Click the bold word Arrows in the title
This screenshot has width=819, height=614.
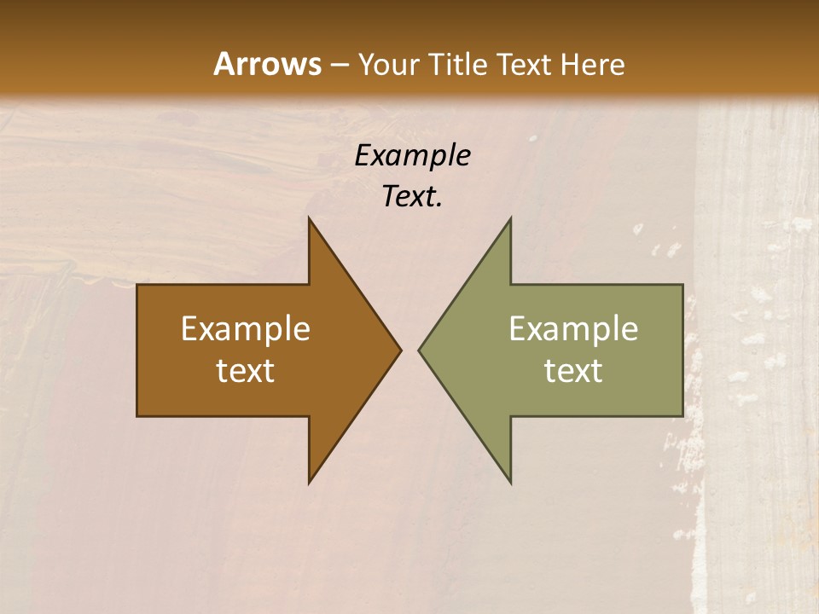266,64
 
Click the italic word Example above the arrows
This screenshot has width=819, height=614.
412,156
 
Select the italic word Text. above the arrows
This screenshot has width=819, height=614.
412,197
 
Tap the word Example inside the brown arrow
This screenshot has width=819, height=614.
246,329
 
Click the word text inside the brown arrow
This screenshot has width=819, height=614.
246,371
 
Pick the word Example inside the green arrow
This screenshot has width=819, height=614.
573,329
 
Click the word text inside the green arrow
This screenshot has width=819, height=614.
573,371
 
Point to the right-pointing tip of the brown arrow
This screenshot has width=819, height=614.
399,350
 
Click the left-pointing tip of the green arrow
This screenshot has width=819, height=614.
421,350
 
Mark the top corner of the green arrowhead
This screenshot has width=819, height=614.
509,220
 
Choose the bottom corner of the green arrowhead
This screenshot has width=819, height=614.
509,481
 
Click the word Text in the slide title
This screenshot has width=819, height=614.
525,64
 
